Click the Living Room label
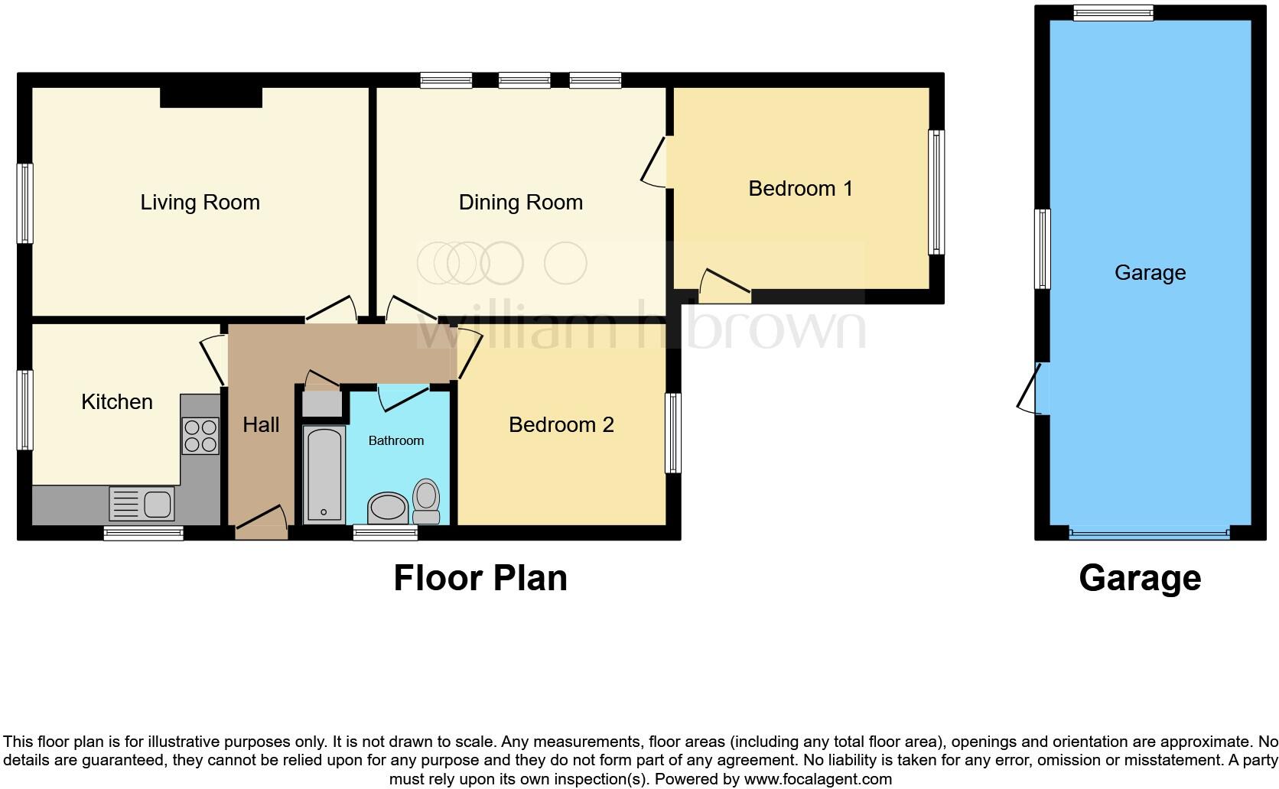[x=200, y=203]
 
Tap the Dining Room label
[x=520, y=203]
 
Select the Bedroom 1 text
[x=800, y=189]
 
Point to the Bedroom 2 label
[x=561, y=425]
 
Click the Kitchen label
[x=117, y=402]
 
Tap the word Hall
[x=261, y=425]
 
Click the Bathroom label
[x=395, y=441]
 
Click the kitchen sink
[x=144, y=504]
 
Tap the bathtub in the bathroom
[x=324, y=475]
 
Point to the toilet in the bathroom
[x=426, y=501]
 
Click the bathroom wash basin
[x=388, y=508]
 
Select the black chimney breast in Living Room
[x=211, y=97]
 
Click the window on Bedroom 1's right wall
[x=936, y=192]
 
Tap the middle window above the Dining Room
[x=524, y=80]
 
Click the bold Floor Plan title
[x=480, y=578]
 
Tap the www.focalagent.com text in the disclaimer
[x=817, y=780]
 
